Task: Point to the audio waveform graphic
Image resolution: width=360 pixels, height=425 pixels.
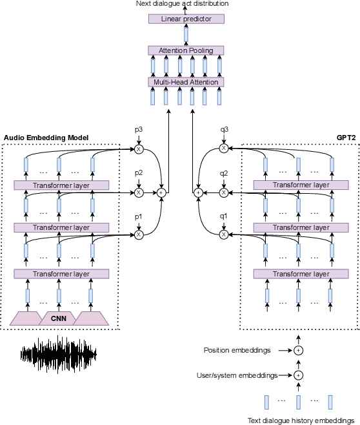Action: tap(58, 353)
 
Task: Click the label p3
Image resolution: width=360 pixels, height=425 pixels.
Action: tap(138, 129)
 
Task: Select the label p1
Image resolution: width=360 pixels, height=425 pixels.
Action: tap(138, 217)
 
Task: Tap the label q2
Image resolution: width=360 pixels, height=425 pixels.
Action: tap(224, 173)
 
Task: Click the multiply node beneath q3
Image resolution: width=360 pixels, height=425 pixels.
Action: tap(224, 149)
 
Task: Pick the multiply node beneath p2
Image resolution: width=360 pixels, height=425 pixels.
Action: tap(138, 192)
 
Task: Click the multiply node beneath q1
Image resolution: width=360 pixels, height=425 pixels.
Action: tap(224, 235)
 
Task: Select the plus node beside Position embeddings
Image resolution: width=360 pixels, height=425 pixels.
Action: tap(298, 350)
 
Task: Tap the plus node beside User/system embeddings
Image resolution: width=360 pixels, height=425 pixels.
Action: tap(298, 375)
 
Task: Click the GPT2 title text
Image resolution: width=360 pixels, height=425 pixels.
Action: tap(346, 138)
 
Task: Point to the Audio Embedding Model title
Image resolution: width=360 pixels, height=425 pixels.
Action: tap(46, 138)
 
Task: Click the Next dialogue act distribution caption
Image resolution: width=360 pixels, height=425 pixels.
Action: tap(182, 5)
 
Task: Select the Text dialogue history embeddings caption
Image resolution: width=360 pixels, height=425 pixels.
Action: tap(303, 420)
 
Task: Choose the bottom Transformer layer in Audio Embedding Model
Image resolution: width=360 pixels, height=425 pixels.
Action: tap(61, 274)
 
